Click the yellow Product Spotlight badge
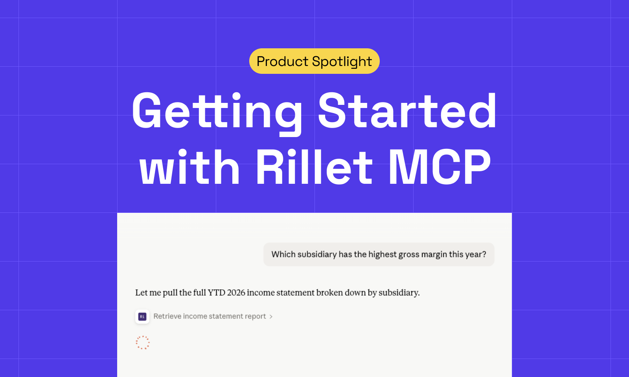coord(314,61)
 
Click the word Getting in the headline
coord(217,111)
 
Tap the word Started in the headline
coord(407,111)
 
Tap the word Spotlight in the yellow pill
coord(342,62)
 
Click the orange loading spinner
coord(143,342)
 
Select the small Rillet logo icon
coord(142,317)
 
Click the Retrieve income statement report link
coord(210,317)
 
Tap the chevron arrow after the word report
coord(271,317)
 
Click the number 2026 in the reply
coord(236,293)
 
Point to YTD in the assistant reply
coord(216,293)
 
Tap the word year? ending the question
coord(476,254)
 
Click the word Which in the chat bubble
coord(283,254)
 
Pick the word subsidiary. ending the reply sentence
coord(399,293)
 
